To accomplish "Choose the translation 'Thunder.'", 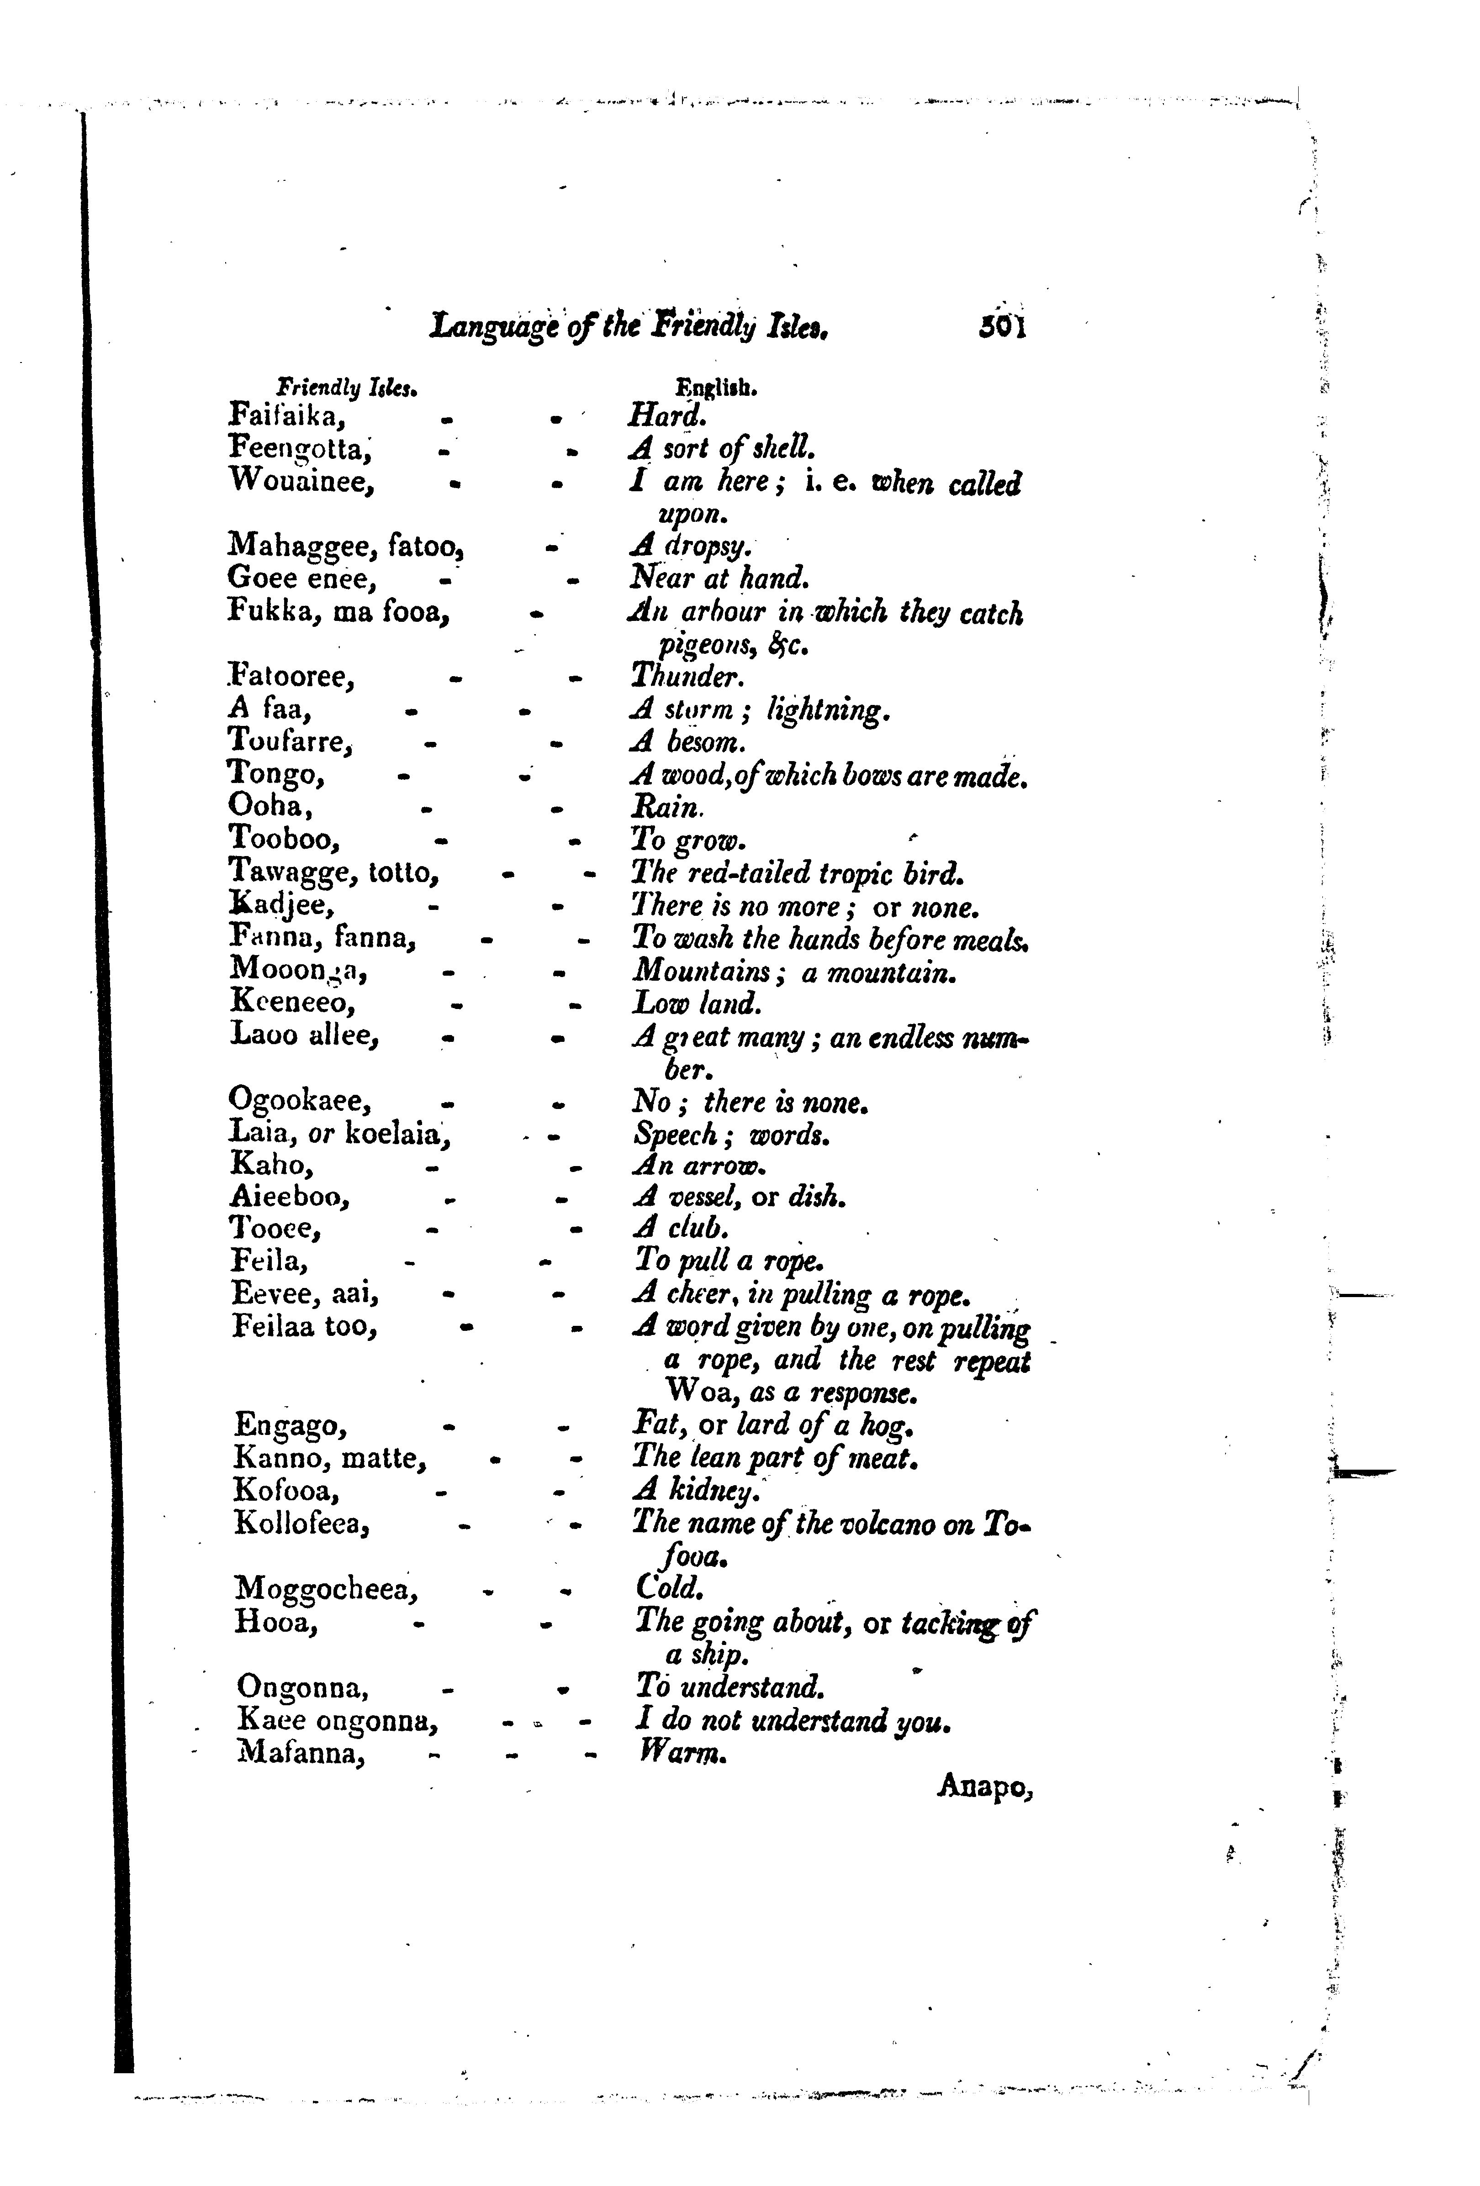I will pos(687,676).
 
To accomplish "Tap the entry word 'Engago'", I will pos(291,1425).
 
